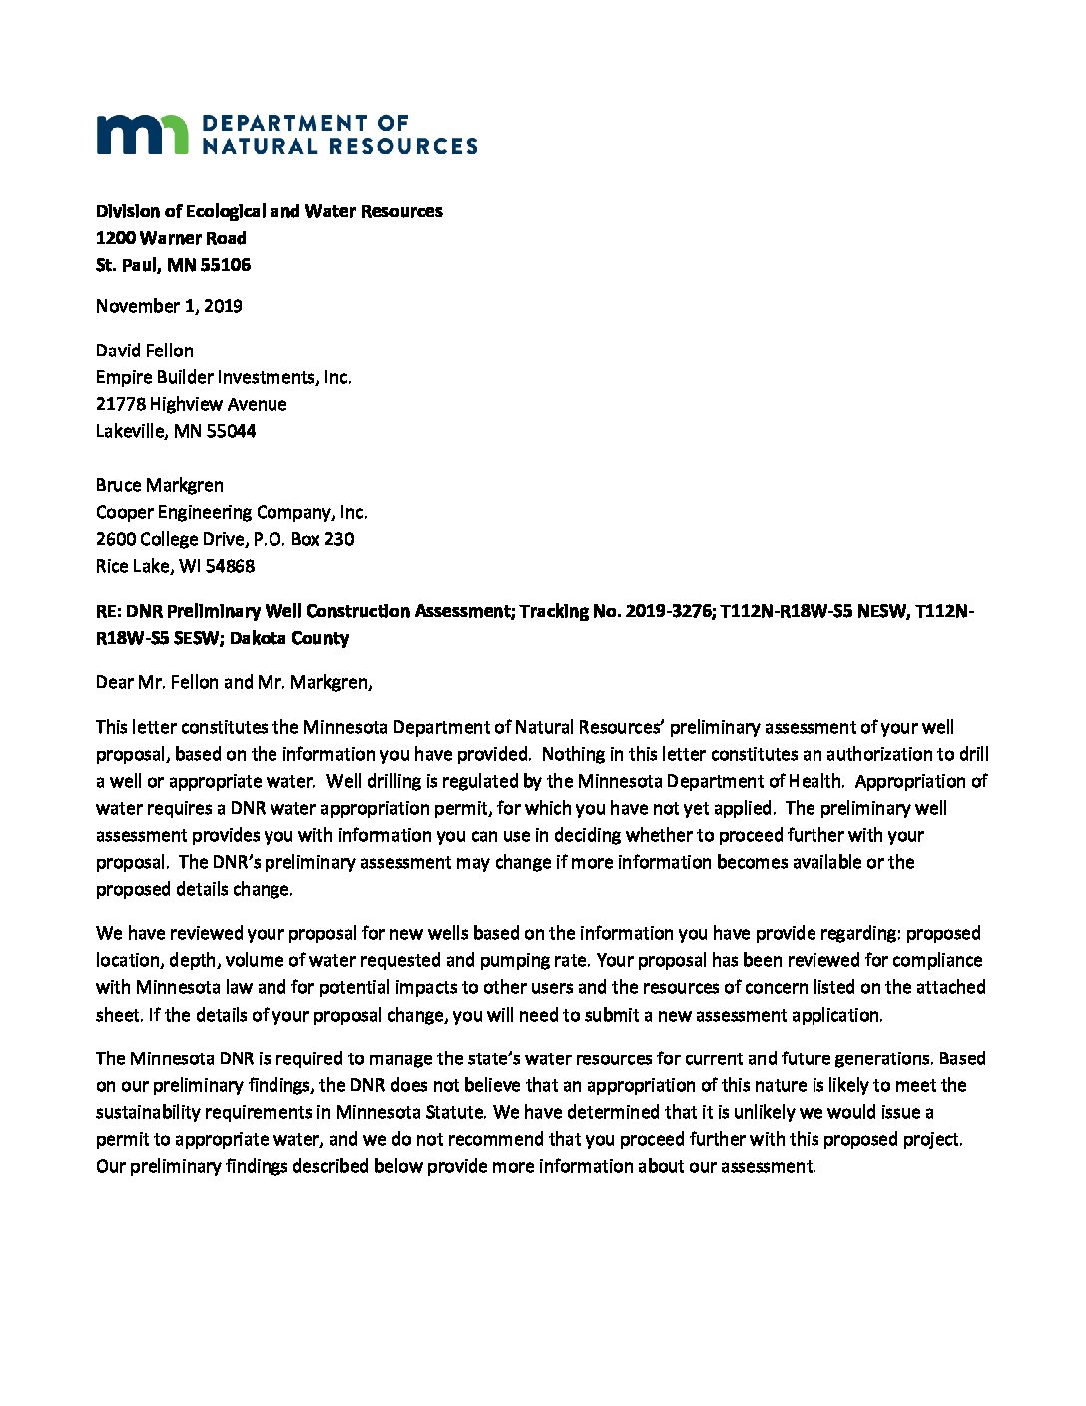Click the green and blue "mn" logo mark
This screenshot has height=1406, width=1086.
tap(142, 134)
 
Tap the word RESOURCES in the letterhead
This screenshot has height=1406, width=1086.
tap(403, 146)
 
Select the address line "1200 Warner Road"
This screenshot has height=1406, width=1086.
tap(171, 238)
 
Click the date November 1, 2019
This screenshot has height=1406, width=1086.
tap(169, 306)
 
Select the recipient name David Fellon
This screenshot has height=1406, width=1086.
tap(145, 351)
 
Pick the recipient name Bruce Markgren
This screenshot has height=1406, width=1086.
tap(160, 485)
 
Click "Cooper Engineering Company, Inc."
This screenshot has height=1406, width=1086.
tap(232, 512)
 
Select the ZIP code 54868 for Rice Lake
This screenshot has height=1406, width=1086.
tap(230, 566)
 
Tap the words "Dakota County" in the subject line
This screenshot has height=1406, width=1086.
tap(289, 638)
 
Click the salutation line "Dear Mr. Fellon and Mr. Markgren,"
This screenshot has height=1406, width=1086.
tap(235, 682)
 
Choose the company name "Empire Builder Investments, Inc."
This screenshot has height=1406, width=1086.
tap(224, 377)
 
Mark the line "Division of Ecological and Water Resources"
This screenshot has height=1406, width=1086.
tap(270, 211)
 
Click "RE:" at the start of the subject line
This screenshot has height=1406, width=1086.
tap(108, 611)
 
